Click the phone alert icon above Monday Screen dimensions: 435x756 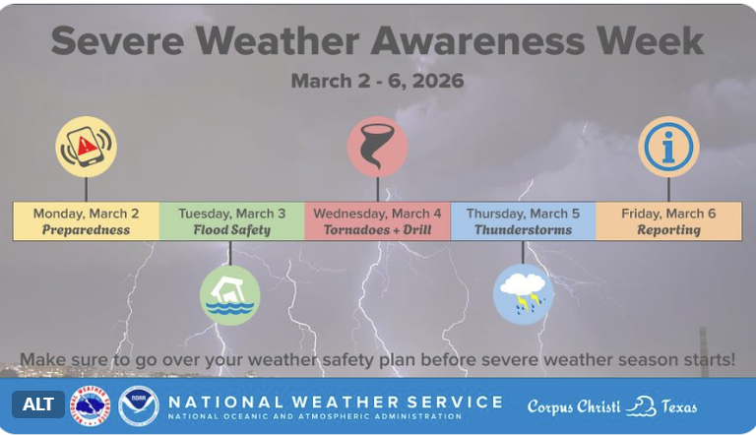[86, 147]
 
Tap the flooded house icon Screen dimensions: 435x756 [229, 294]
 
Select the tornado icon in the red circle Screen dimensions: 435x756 [377, 147]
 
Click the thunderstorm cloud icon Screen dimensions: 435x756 [523, 294]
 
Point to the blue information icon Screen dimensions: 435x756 [668, 147]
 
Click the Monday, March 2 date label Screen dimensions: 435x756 [86, 214]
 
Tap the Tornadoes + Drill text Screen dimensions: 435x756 [377, 230]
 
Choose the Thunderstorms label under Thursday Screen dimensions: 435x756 [523, 230]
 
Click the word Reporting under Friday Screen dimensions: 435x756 [668, 230]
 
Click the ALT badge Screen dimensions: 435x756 [38, 404]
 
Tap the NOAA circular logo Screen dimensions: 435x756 [139, 405]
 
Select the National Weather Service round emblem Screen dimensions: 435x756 [90, 405]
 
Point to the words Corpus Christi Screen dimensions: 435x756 [573, 405]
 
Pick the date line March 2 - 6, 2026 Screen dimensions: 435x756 [377, 81]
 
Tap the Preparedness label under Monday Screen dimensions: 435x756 [86, 230]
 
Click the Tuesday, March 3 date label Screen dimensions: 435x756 [231, 214]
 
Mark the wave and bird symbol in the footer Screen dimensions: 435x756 [641, 405]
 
